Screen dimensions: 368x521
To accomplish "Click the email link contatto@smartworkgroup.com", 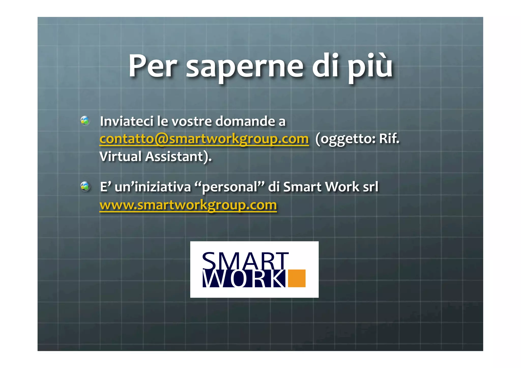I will [x=204, y=139].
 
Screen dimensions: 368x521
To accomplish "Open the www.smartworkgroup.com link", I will [x=188, y=205].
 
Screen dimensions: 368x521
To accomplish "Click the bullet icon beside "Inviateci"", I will [x=85, y=121].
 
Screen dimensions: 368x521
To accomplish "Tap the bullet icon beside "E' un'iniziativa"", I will [x=85, y=186].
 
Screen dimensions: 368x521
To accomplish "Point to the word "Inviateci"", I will [x=126, y=121].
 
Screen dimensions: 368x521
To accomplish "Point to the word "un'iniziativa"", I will [x=153, y=187].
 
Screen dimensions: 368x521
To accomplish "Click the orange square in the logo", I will [x=297, y=278].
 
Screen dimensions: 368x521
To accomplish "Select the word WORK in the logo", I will [x=244, y=279].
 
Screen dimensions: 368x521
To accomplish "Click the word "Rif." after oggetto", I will [x=389, y=139].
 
